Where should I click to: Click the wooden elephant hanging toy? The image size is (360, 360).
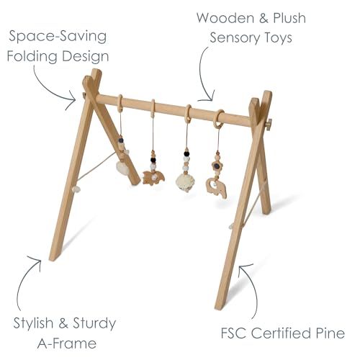pyautogui.click(x=216, y=187)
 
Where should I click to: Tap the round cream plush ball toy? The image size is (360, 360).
pyautogui.click(x=185, y=182)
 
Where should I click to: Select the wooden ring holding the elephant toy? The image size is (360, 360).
pyautogui.click(x=218, y=119)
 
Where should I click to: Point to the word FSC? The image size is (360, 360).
pyautogui.click(x=233, y=333)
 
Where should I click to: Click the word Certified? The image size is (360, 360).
pyautogui.click(x=280, y=333)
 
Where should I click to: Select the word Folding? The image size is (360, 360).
pyautogui.click(x=32, y=57)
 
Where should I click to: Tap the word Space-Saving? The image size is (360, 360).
pyautogui.click(x=58, y=37)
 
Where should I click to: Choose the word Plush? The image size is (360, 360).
pyautogui.click(x=289, y=18)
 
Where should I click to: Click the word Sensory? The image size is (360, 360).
pyautogui.click(x=235, y=38)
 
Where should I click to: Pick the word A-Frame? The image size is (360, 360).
pyautogui.click(x=67, y=343)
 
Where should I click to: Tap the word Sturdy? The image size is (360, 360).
pyautogui.click(x=94, y=324)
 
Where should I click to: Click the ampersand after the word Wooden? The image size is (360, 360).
pyautogui.click(x=264, y=18)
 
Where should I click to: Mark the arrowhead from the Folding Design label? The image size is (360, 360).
pyautogui.click(x=71, y=100)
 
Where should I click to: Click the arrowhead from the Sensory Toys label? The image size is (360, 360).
pyautogui.click(x=207, y=96)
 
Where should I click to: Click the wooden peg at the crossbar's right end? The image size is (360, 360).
pyautogui.click(x=269, y=125)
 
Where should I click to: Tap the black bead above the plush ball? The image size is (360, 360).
pyautogui.click(x=186, y=153)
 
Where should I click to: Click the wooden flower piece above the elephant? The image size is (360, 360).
pyautogui.click(x=217, y=166)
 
